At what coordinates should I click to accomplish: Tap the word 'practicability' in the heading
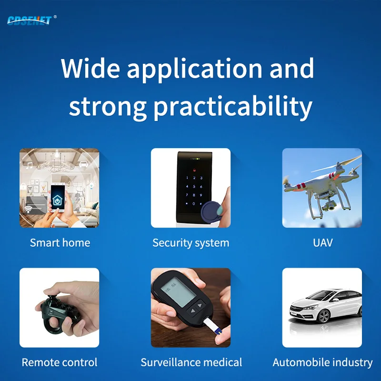(233, 107)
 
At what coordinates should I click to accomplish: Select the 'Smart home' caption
(60, 243)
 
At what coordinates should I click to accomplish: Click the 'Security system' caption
(190, 243)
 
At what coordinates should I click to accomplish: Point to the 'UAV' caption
(322, 243)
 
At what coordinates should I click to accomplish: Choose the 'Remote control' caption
(60, 362)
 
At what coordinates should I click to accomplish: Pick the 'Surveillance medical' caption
(191, 362)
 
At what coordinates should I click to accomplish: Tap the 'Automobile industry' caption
(322, 362)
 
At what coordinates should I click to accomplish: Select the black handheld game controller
(53, 310)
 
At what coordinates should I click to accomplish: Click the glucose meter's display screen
(170, 289)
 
